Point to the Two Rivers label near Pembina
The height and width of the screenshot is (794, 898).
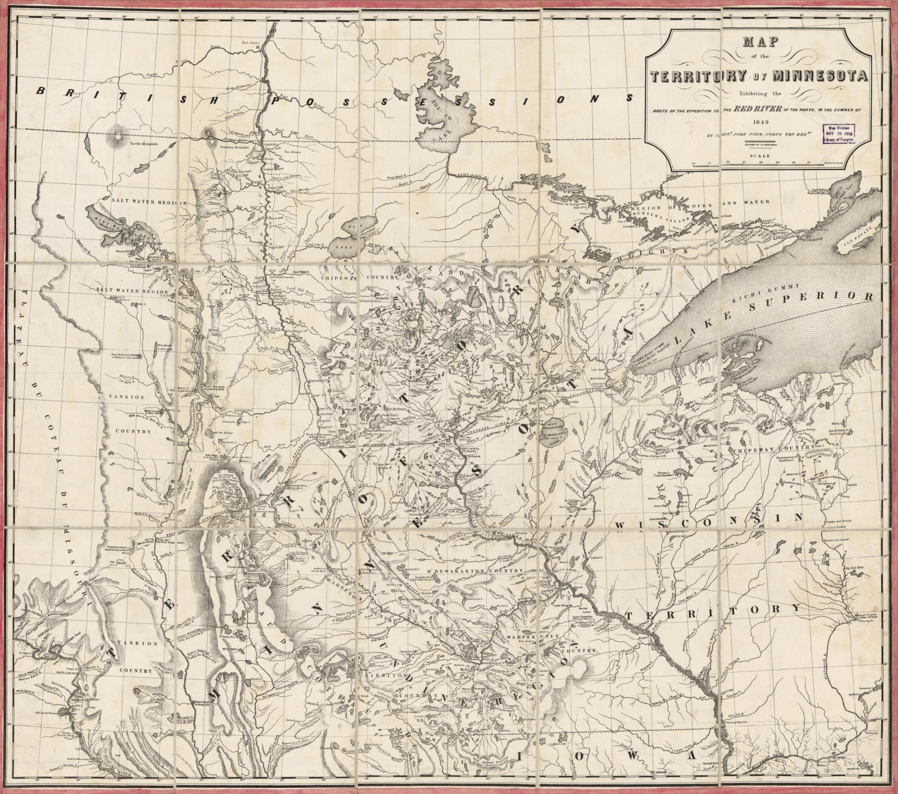click(x=292, y=151)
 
